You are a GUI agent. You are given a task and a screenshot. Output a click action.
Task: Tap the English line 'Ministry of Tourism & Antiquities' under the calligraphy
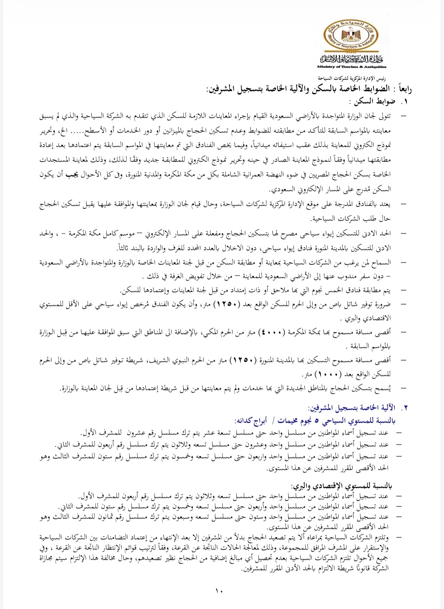point(352,67)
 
